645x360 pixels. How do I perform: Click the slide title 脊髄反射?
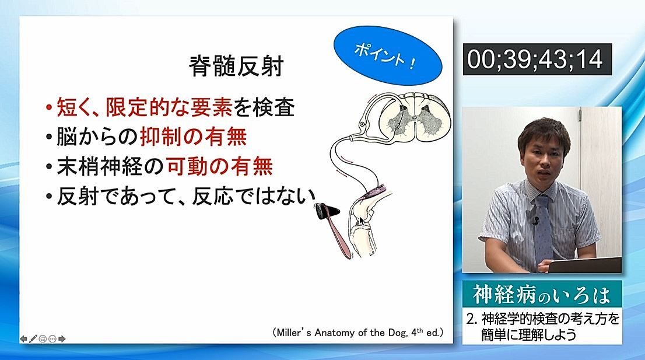click(236, 66)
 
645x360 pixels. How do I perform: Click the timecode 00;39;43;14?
click(537, 59)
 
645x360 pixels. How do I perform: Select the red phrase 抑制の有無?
click(194, 137)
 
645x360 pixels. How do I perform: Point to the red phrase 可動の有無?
click(220, 167)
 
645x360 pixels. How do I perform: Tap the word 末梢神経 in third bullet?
click(100, 167)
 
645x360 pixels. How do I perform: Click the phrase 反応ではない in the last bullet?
click(253, 196)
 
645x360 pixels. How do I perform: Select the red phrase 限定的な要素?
click(169, 107)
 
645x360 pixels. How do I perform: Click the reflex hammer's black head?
click(328, 211)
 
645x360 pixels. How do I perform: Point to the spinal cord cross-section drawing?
click(414, 115)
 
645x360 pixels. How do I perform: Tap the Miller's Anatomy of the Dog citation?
click(358, 333)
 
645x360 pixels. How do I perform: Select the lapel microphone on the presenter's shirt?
click(535, 221)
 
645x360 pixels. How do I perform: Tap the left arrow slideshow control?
click(23, 338)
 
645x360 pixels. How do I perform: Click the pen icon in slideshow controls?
click(33, 338)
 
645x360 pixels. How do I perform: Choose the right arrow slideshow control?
click(62, 338)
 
